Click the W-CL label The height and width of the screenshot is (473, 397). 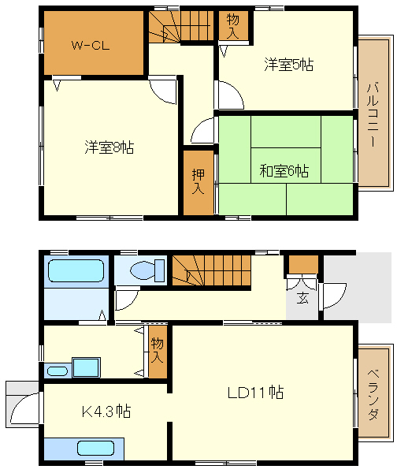tap(90, 44)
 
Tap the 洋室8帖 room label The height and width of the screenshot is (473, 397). tap(109, 147)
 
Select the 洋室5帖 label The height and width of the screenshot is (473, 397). tap(288, 65)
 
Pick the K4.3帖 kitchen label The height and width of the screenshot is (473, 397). tap(106, 412)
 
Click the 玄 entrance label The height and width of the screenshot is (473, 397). tap(302, 297)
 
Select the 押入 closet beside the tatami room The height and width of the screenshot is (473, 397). tap(198, 181)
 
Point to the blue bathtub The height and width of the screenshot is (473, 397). tap(75, 271)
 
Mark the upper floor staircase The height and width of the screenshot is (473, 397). tap(181, 25)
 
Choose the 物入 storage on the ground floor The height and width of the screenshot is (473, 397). tap(158, 351)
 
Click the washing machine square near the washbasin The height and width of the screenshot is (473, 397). tap(86, 368)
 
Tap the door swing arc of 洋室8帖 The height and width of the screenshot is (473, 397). tap(165, 91)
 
